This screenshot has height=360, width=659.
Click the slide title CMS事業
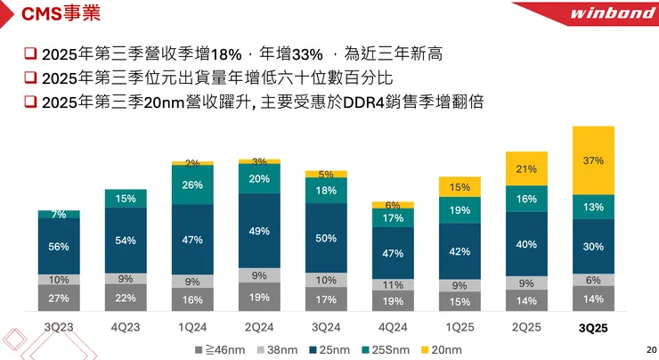pos(61,15)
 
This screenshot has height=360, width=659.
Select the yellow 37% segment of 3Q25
pos(594,160)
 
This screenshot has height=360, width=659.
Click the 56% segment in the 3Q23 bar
pos(59,246)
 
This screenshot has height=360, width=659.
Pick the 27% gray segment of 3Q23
pos(59,299)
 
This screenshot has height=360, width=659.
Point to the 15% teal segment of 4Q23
pos(126,199)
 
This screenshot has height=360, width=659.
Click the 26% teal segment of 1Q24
pos(192,185)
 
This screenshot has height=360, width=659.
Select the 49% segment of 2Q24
pos(259,231)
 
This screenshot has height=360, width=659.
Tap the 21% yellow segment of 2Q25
pos(526,169)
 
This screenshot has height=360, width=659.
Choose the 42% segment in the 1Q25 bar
pos(460,251)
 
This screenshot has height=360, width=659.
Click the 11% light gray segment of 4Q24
pos(393,285)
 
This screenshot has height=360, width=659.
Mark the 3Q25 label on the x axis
pos(593,328)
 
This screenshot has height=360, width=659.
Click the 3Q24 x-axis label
pos(326,327)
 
